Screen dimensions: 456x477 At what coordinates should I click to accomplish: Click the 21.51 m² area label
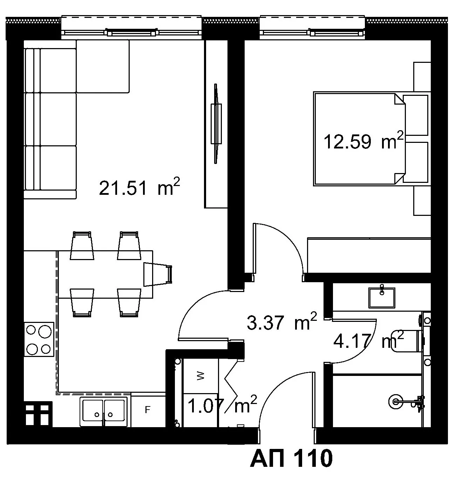139,187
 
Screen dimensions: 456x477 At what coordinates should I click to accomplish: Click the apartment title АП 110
291,458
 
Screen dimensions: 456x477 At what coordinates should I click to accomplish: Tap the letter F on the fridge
147,410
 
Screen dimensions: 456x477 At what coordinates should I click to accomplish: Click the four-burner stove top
39,339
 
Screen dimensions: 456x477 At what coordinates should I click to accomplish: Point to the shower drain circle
396,402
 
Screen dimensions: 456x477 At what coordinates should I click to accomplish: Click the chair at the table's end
158,274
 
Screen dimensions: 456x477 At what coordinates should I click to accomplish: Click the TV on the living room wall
216,124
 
